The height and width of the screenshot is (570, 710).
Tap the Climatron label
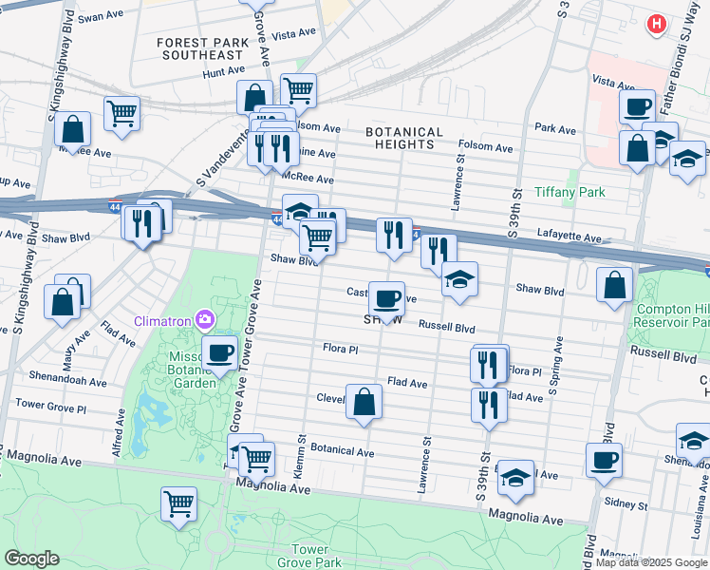pyautogui.click(x=162, y=319)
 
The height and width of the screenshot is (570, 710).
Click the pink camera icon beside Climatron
pyautogui.click(x=202, y=318)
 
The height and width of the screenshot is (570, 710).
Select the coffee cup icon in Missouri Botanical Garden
pyautogui.click(x=220, y=353)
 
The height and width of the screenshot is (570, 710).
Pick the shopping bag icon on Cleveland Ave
pyautogui.click(x=364, y=402)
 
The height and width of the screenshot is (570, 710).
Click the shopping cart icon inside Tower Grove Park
pyautogui.click(x=178, y=503)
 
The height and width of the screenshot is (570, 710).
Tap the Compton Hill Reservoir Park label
pyautogui.click(x=672, y=317)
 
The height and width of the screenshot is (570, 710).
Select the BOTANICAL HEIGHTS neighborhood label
pyautogui.click(x=405, y=139)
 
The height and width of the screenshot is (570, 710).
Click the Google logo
pyautogui.click(x=31, y=559)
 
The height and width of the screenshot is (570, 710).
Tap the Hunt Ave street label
pyautogui.click(x=223, y=71)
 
